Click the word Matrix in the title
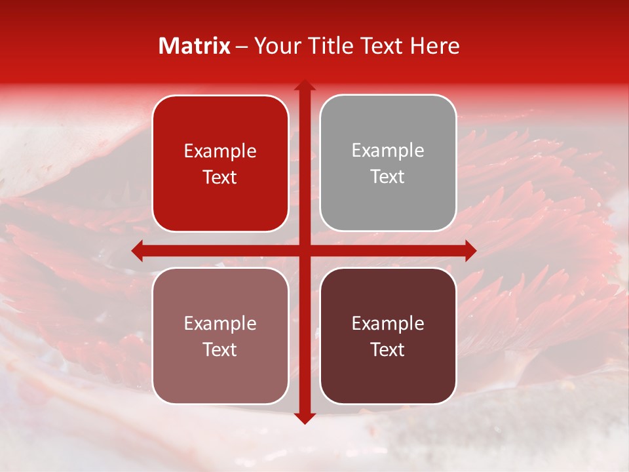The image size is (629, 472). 195,46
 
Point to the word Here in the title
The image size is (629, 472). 435,46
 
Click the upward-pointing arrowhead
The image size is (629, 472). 304,86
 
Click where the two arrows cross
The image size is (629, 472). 304,250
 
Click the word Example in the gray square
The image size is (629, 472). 388,151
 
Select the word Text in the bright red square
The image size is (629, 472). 220,178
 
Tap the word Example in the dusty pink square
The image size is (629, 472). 220,323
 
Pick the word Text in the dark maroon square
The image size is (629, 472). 388,350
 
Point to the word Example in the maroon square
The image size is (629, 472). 388,323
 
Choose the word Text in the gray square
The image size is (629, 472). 388,177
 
